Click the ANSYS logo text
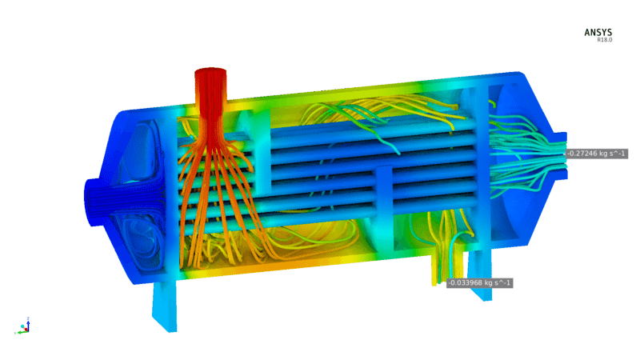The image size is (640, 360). point(598,32)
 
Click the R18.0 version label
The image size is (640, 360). point(605,40)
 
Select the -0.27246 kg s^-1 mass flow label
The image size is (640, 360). point(596,154)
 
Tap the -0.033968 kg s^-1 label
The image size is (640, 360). point(479,283)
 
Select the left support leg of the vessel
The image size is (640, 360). point(165,306)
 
